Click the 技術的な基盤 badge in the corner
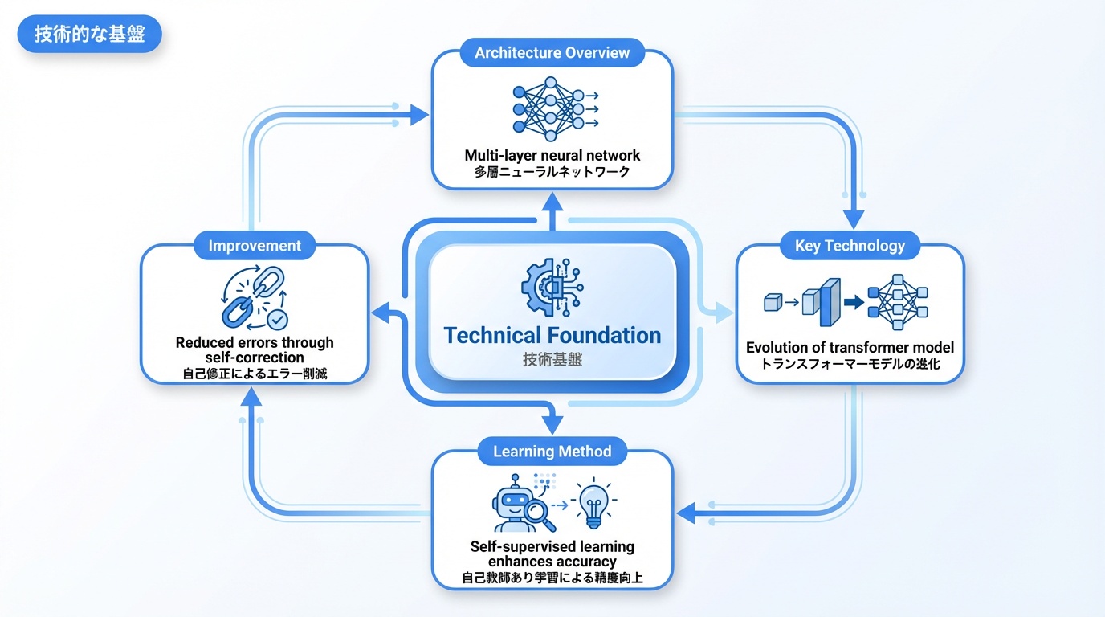coord(88,35)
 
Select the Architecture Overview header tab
coord(552,54)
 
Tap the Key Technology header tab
coord(850,246)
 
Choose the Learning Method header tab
coord(552,452)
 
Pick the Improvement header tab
coord(255,246)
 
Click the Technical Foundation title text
coord(552,335)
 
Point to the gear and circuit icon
coord(552,287)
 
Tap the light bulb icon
coord(593,504)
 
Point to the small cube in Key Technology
coord(773,302)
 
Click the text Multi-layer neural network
coord(552,155)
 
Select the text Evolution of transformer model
coord(850,348)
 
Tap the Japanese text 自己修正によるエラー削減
coord(255,373)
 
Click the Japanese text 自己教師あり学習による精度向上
coord(552,578)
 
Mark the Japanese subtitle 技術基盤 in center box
coord(552,360)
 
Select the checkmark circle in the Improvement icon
coord(277,320)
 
